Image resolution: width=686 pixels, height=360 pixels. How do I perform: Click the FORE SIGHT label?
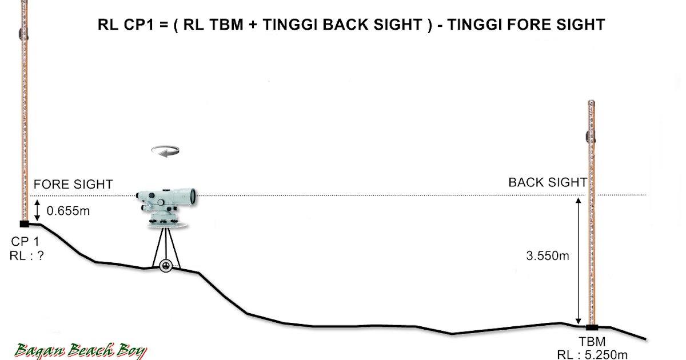(73, 185)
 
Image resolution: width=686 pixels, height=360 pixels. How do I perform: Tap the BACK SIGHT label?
(548, 182)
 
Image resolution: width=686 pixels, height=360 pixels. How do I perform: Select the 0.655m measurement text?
(69, 211)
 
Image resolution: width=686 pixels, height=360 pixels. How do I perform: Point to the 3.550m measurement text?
(548, 256)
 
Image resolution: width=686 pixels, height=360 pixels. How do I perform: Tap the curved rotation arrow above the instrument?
(166, 150)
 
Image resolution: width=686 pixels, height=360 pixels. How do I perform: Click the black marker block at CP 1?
(24, 223)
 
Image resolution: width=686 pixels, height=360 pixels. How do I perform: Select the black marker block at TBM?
(592, 327)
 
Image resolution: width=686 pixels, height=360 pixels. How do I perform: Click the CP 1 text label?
(25, 242)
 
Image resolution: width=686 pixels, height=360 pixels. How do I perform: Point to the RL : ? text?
(27, 255)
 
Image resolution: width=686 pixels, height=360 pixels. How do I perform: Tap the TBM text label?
(592, 342)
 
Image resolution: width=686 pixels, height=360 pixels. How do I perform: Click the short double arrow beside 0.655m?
(38, 210)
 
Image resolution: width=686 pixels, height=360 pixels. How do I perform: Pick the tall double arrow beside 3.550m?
(579, 260)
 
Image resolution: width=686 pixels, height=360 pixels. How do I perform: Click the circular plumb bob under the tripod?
(166, 266)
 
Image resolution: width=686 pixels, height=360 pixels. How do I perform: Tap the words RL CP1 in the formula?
(122, 25)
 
